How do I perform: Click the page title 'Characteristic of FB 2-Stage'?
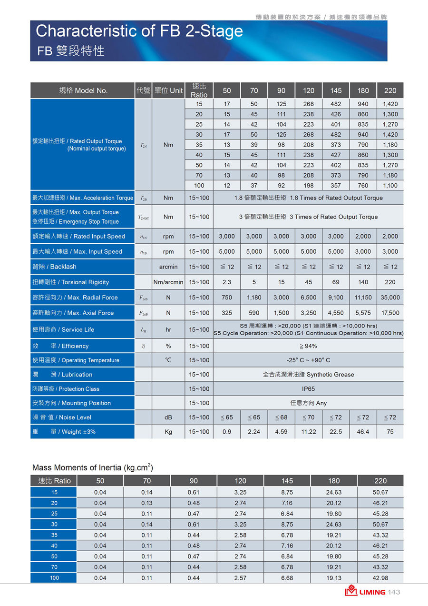point(139,31)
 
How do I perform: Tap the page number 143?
point(394,592)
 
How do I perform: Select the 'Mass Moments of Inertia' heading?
point(92,467)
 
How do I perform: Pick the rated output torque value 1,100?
point(390,185)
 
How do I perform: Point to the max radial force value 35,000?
point(390,298)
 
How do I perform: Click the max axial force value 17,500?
point(390,313)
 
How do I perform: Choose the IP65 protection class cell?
point(308,389)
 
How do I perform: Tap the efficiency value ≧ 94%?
point(308,346)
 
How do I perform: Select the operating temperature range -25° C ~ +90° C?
point(308,360)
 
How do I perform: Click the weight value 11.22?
point(308,432)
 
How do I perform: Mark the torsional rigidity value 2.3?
point(227,282)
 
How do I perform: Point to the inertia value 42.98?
point(380,578)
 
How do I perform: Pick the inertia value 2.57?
point(240,578)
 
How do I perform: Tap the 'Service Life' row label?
point(63,329)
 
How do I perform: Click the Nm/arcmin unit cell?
point(168,282)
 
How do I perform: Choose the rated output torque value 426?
point(336,114)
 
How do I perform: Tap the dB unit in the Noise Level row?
point(168,417)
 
